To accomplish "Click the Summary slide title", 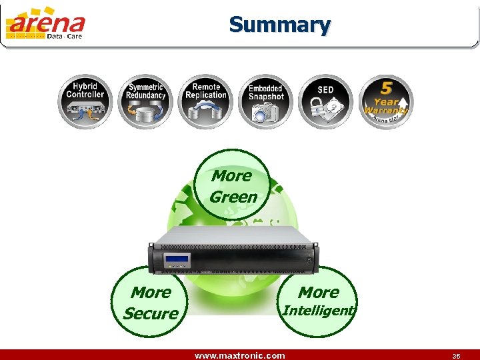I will tap(279, 25).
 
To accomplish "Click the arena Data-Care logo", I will tap(45, 27).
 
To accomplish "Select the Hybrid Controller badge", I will tap(85, 101).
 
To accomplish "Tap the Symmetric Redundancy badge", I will tap(146, 101).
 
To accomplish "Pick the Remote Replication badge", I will tap(205, 101).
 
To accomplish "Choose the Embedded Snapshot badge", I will tap(265, 101).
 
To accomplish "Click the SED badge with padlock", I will tap(325, 101).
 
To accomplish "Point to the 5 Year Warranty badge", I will tap(385, 101).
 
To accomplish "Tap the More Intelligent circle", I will tap(319, 301).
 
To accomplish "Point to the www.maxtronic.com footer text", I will tap(239, 355).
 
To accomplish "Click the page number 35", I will tap(456, 356).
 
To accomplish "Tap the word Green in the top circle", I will tap(233, 197).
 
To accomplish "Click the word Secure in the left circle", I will tap(151, 313).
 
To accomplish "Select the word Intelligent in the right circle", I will tap(319, 310).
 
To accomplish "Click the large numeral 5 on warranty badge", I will tap(386, 89).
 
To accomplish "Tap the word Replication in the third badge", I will tap(206, 95).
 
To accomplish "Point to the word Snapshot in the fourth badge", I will tap(266, 97).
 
